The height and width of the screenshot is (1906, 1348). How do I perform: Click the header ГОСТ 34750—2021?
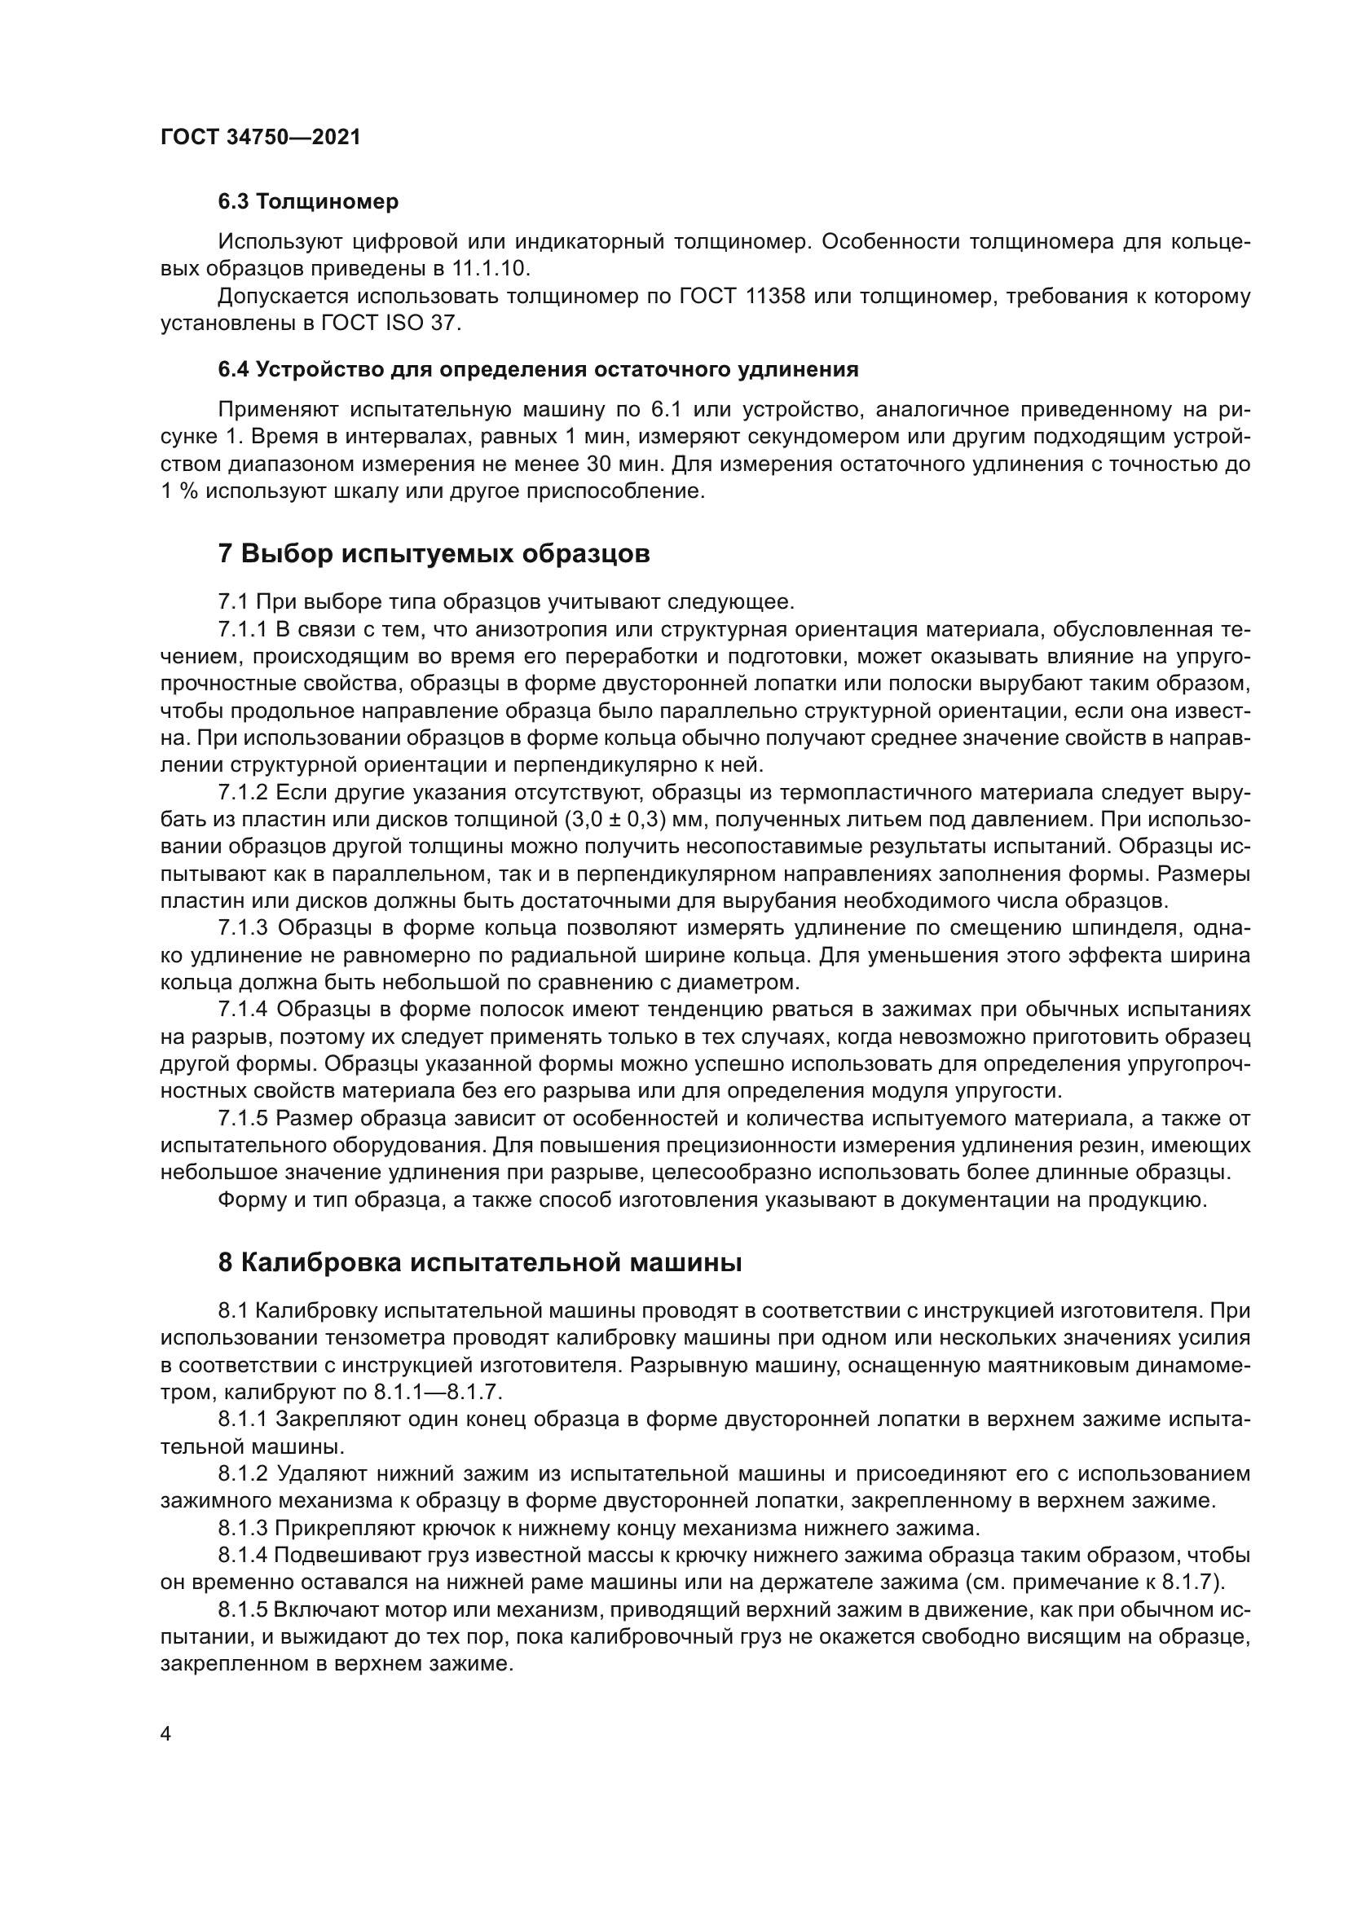(261, 138)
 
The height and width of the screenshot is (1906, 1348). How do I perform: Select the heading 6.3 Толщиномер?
(308, 202)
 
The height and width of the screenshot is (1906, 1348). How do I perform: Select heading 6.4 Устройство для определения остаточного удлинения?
(538, 370)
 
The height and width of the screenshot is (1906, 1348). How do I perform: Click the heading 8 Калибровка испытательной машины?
(480, 1262)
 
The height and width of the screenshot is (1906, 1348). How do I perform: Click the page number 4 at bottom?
(166, 1734)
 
